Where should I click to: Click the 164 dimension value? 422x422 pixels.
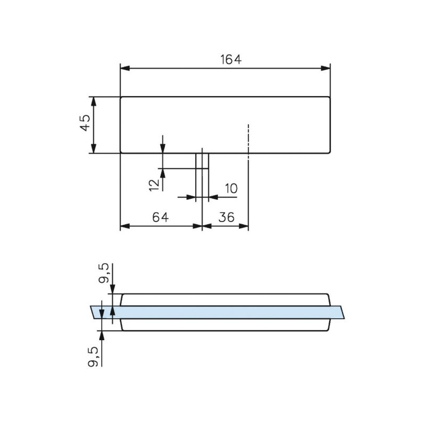pyautogui.click(x=231, y=60)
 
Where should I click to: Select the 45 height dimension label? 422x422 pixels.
pyautogui.click(x=85, y=125)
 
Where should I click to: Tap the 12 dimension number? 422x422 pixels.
pyautogui.click(x=154, y=184)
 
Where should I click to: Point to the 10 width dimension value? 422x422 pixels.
pyautogui.click(x=231, y=188)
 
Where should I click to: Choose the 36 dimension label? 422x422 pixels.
pyautogui.click(x=226, y=217)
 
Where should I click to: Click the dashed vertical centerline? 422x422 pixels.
pyautogui.click(x=248, y=140)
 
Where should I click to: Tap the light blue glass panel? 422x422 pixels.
pyautogui.click(x=222, y=312)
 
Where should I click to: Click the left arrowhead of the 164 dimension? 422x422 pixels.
pyautogui.click(x=124, y=68)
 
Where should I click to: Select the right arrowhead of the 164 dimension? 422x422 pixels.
pyautogui.click(x=326, y=68)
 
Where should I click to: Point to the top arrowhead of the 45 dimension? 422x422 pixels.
pyautogui.click(x=94, y=101)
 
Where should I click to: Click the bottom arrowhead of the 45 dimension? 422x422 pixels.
pyautogui.click(x=94, y=149)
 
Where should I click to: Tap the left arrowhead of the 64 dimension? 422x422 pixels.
pyautogui.click(x=124, y=226)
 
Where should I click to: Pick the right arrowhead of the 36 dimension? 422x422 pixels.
pyautogui.click(x=244, y=226)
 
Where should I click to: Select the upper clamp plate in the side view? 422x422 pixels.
pyautogui.click(x=226, y=300)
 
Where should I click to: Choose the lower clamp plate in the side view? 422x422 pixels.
pyautogui.click(x=226, y=324)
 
